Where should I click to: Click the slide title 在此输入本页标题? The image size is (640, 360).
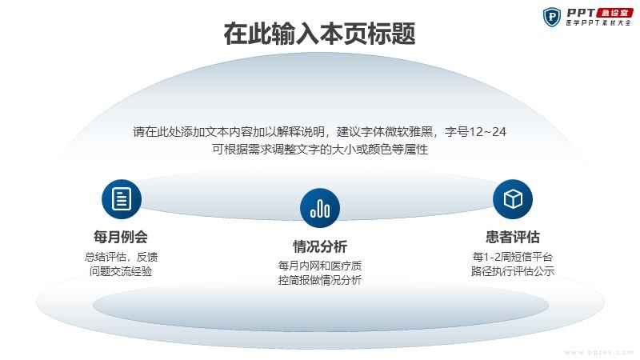pos(319,34)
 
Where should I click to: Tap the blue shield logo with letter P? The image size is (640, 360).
pos(552,17)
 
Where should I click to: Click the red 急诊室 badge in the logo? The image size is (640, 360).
pos(614,13)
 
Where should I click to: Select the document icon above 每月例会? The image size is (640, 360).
pos(122,199)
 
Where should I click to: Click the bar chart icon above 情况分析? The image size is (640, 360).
pos(320,208)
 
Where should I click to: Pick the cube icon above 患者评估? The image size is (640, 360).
pos(513,199)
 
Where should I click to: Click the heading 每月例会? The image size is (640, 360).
pos(121,237)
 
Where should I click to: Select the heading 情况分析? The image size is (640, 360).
pos(320,246)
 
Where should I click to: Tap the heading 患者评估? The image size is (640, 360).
pos(513,237)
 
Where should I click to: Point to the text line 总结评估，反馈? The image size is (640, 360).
pos(121,257)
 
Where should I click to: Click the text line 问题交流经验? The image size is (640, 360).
pos(121,271)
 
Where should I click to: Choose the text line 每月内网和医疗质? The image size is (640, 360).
pos(320,266)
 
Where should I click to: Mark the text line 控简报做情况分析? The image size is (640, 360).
pos(320,281)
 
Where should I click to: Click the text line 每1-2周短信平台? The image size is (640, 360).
pos(513,257)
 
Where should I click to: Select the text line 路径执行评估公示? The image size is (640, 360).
pos(513,271)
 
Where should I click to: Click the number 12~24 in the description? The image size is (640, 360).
pos(488,132)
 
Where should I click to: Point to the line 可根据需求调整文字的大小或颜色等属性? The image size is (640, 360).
pos(320,150)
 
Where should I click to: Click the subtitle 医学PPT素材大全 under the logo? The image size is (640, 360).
pos(598,23)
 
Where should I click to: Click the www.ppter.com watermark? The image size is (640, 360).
pos(598,352)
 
